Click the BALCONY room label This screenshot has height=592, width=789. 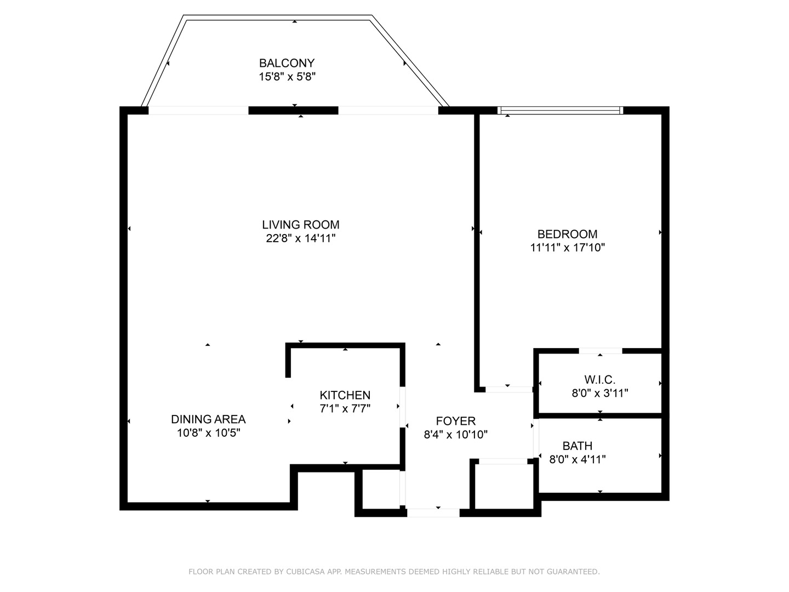pos(287,63)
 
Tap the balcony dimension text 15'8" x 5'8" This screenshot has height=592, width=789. pos(287,77)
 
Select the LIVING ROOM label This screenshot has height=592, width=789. pos(300,225)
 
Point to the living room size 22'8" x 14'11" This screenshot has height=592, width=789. pos(300,238)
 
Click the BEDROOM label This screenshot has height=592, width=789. pos(567,234)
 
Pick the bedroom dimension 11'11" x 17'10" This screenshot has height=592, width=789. pos(567,248)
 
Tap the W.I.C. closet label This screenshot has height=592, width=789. pos(599,379)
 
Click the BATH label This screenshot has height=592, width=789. pos(577,446)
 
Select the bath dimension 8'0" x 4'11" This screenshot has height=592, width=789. pos(577,460)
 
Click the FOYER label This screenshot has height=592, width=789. pos(455,421)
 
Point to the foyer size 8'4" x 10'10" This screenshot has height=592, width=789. pos(455,435)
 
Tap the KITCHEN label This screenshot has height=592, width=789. pos(345,395)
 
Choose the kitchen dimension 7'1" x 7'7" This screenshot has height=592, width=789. pos(345,408)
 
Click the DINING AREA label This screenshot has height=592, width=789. pos(208,419)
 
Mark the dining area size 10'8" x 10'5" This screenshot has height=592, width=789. pos(208,433)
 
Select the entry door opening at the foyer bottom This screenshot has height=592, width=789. pos(433,513)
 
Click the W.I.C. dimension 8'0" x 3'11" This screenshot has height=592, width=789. pos(599,393)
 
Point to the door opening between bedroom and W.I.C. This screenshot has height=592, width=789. pos(600,351)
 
